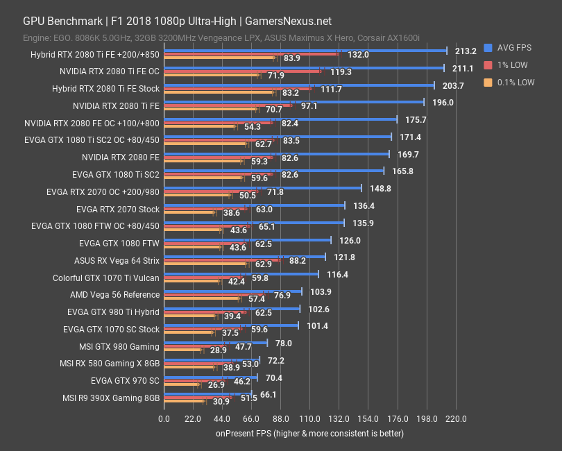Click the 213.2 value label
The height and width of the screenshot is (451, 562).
coord(466,51)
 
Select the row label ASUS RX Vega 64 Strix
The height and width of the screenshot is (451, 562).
coord(117,261)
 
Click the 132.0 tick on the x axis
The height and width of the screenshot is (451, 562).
coord(339,419)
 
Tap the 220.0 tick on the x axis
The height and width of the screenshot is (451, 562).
coord(455,419)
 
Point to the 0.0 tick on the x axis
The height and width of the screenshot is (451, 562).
coord(164,419)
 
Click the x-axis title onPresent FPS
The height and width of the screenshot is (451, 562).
coord(309,434)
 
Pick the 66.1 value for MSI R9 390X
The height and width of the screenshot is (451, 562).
coord(268,394)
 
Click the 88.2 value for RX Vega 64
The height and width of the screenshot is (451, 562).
coord(298,261)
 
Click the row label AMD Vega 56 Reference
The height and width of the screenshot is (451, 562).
coord(114,295)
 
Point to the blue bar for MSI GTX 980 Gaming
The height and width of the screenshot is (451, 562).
coord(215,343)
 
